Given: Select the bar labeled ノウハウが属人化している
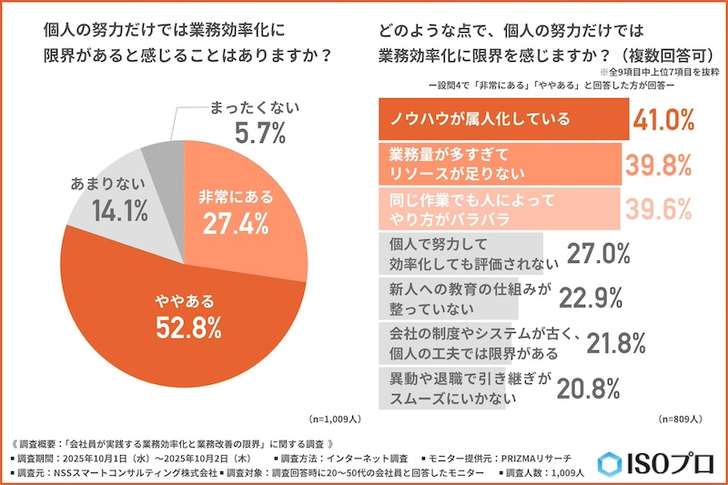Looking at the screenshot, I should (500, 119).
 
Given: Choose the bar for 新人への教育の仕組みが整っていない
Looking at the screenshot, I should (460, 298).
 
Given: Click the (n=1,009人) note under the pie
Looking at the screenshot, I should (337, 419).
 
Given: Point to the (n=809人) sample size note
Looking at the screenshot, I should (679, 419).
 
